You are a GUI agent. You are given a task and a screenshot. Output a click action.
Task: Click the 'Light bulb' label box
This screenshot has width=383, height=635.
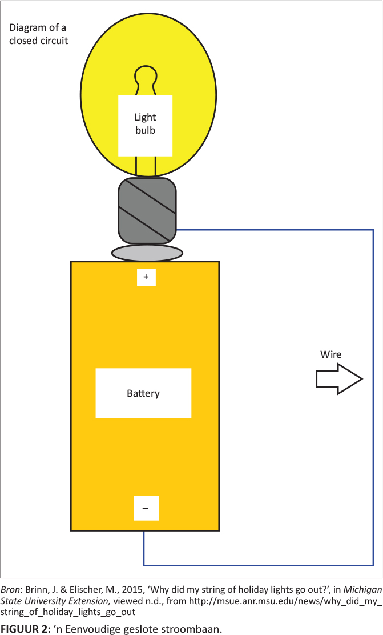[145, 125]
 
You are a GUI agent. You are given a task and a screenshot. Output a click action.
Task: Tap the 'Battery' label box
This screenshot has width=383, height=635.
[143, 393]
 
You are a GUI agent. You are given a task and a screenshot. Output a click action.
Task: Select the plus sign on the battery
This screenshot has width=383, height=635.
[146, 277]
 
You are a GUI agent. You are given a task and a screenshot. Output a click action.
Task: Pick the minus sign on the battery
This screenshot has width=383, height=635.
[146, 508]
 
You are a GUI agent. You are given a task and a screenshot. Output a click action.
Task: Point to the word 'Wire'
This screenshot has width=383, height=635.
[330, 355]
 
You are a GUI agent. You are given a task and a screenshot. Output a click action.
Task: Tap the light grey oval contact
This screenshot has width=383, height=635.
[147, 253]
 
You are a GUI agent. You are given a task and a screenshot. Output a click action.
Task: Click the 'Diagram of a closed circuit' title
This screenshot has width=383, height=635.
[39, 34]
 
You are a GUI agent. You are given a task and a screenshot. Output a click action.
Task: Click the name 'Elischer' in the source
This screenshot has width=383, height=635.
[79, 590]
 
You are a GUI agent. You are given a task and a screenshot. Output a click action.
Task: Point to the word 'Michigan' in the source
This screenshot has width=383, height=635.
[362, 590]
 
